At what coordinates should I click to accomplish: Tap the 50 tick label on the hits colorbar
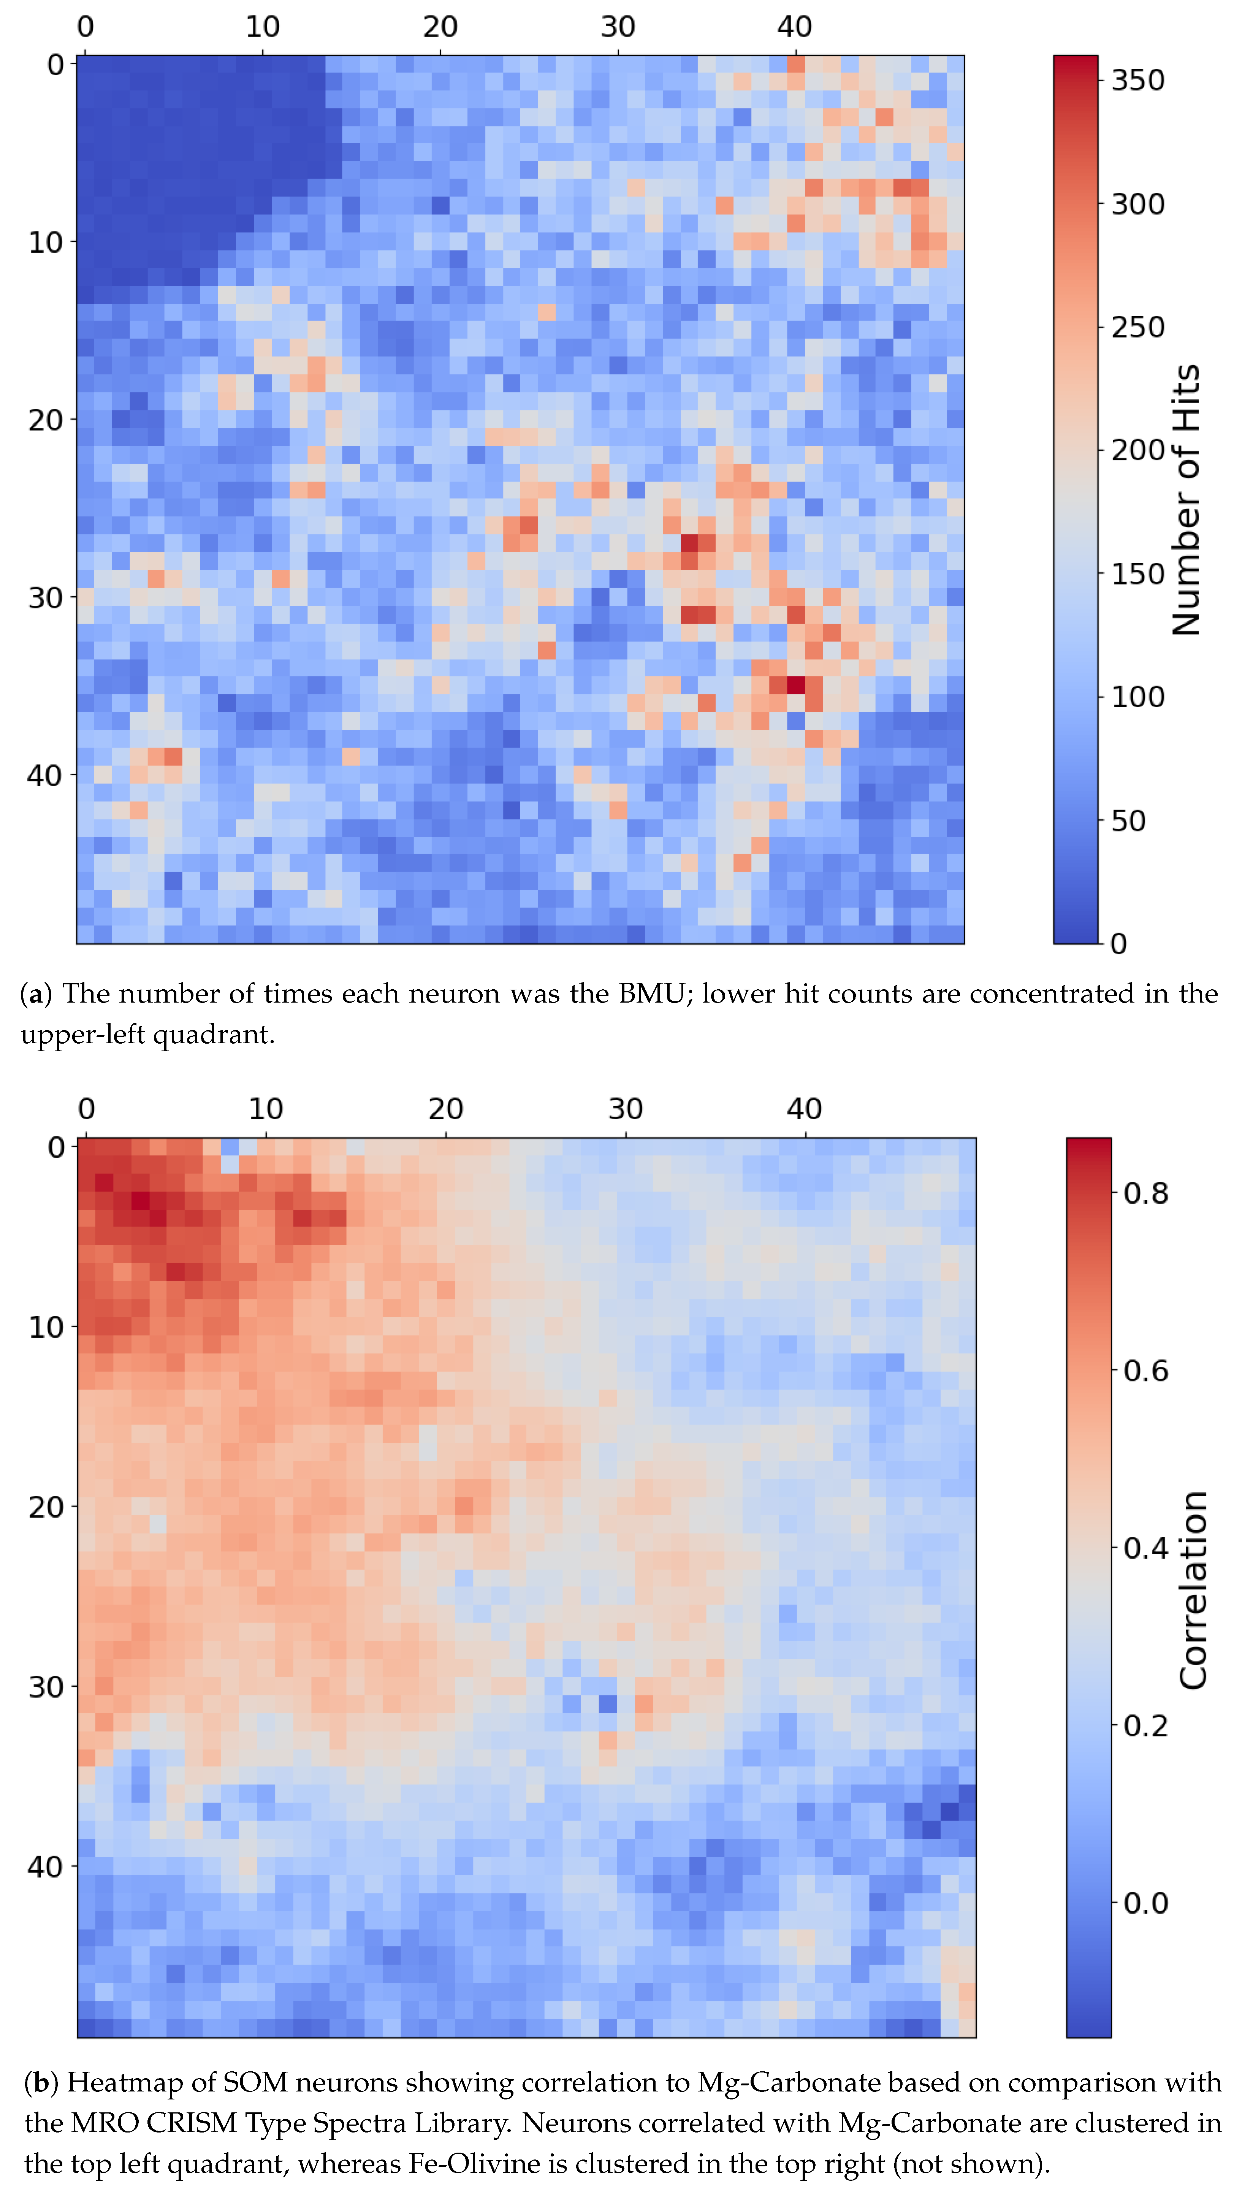[x=1128, y=821]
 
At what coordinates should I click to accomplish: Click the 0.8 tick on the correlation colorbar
[x=1146, y=1193]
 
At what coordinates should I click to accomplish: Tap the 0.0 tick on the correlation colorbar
[x=1146, y=1903]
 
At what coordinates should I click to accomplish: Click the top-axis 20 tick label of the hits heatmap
[x=440, y=27]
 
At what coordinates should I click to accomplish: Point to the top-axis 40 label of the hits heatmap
[x=795, y=27]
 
